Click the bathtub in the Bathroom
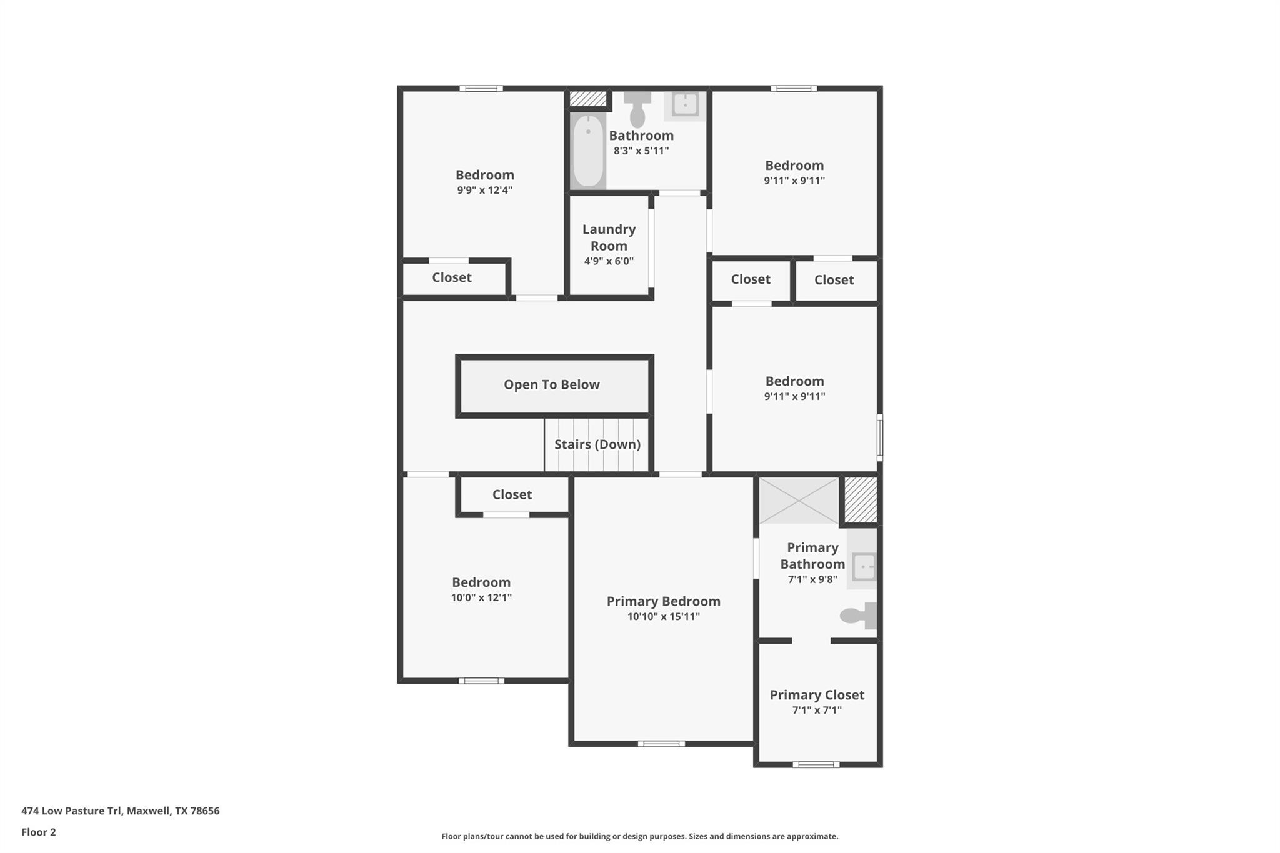[588, 150]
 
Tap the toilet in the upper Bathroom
[637, 111]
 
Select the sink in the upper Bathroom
[685, 105]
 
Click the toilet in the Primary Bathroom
[859, 616]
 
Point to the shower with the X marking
[799, 501]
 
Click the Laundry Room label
[609, 237]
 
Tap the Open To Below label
[552, 385]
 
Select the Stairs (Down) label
[597, 444]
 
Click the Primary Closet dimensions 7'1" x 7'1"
[817, 710]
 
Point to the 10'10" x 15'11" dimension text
[664, 617]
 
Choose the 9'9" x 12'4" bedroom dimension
[484, 190]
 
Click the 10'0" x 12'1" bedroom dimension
[481, 597]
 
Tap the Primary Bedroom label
[664, 601]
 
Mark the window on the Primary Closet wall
[816, 764]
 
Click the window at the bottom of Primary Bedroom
[661, 744]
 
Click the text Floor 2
[39, 832]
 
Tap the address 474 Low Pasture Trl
[121, 811]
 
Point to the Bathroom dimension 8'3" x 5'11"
[641, 151]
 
